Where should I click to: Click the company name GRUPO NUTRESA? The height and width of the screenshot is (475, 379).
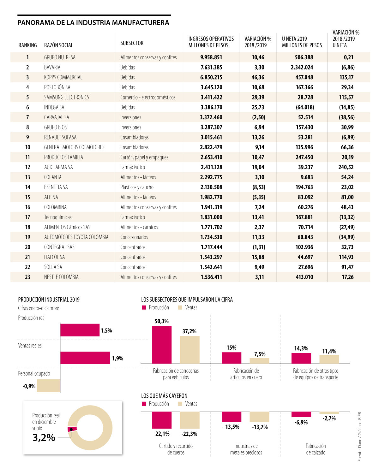(60, 57)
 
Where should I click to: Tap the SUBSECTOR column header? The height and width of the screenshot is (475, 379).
(132, 43)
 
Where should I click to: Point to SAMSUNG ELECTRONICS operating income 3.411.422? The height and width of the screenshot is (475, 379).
(211, 98)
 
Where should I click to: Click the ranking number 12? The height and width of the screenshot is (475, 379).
(27, 167)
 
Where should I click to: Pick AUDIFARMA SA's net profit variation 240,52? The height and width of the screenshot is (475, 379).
(346, 167)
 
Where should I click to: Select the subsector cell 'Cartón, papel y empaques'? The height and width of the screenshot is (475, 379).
(144, 157)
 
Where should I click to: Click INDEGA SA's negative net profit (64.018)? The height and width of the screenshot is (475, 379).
(305, 107)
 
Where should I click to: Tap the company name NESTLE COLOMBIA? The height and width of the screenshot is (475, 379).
(61, 277)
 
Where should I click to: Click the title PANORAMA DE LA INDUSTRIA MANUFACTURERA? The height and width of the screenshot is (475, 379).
(93, 23)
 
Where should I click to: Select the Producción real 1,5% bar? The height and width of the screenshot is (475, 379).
(80, 330)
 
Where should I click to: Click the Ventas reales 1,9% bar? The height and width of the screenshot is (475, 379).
(85, 358)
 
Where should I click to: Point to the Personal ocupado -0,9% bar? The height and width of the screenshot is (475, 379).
(49, 386)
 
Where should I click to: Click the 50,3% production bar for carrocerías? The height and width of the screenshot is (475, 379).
(162, 345)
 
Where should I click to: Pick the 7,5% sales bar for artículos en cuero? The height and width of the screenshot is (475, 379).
(259, 360)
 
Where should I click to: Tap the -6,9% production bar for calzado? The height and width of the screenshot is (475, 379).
(301, 414)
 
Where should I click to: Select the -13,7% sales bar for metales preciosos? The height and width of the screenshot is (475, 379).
(259, 417)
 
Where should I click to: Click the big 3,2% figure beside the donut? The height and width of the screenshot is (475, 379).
(44, 437)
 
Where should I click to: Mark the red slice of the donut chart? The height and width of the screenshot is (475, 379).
(72, 429)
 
